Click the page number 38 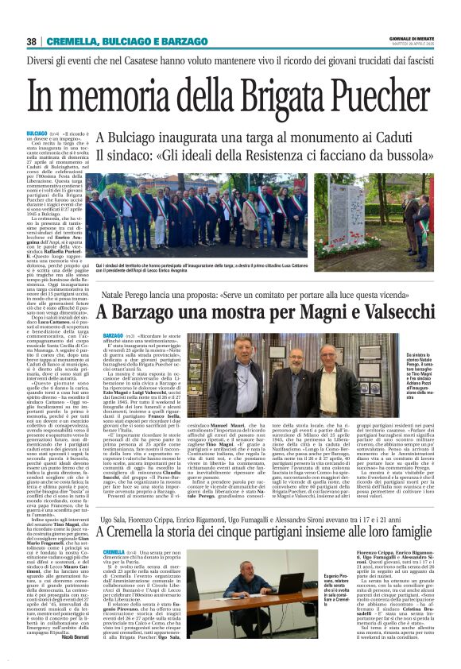[x=30, y=41]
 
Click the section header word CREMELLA [x=72, y=41]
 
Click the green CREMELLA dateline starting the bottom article [x=114, y=529]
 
